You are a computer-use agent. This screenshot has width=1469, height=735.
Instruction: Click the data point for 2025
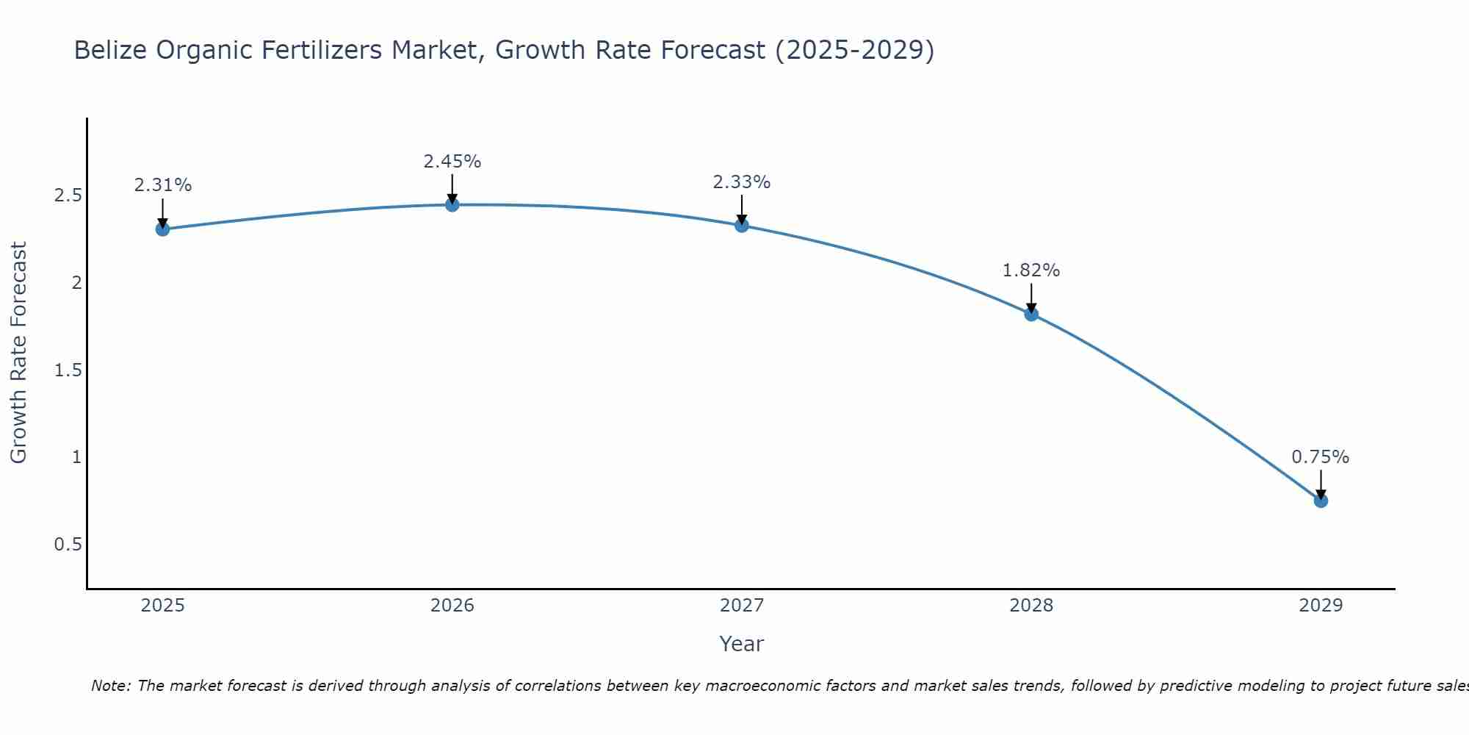coord(162,229)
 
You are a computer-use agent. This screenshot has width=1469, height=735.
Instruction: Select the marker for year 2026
coord(452,204)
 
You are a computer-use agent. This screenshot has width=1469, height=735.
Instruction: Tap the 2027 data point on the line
coord(742,226)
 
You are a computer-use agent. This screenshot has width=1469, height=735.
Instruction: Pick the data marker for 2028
coord(1031,315)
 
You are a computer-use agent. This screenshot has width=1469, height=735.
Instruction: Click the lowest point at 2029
coord(1321,501)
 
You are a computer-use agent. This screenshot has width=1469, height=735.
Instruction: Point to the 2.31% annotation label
coord(162,185)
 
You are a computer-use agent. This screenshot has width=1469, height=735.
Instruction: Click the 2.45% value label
coord(452,162)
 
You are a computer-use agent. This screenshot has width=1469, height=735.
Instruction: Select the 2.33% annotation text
coord(742,182)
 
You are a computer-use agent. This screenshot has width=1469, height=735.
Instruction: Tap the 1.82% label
coord(1031,270)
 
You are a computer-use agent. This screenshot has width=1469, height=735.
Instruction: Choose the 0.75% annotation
coord(1321,457)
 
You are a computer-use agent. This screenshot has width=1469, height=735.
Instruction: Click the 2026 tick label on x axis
coord(452,606)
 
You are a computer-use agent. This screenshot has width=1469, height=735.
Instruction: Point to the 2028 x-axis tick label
coord(1031,606)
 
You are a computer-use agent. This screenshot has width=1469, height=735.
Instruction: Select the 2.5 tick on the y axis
coord(68,196)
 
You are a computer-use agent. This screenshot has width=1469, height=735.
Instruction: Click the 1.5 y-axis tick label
coord(68,370)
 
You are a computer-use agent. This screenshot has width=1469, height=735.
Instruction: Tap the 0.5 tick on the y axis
coord(68,545)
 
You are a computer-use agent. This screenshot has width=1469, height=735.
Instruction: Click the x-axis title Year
coord(742,644)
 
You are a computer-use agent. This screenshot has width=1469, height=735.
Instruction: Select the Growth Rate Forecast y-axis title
coord(18,353)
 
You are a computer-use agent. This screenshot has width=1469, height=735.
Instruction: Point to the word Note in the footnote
coord(110,686)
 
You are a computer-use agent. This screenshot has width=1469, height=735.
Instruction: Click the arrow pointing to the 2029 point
coord(1321,485)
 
